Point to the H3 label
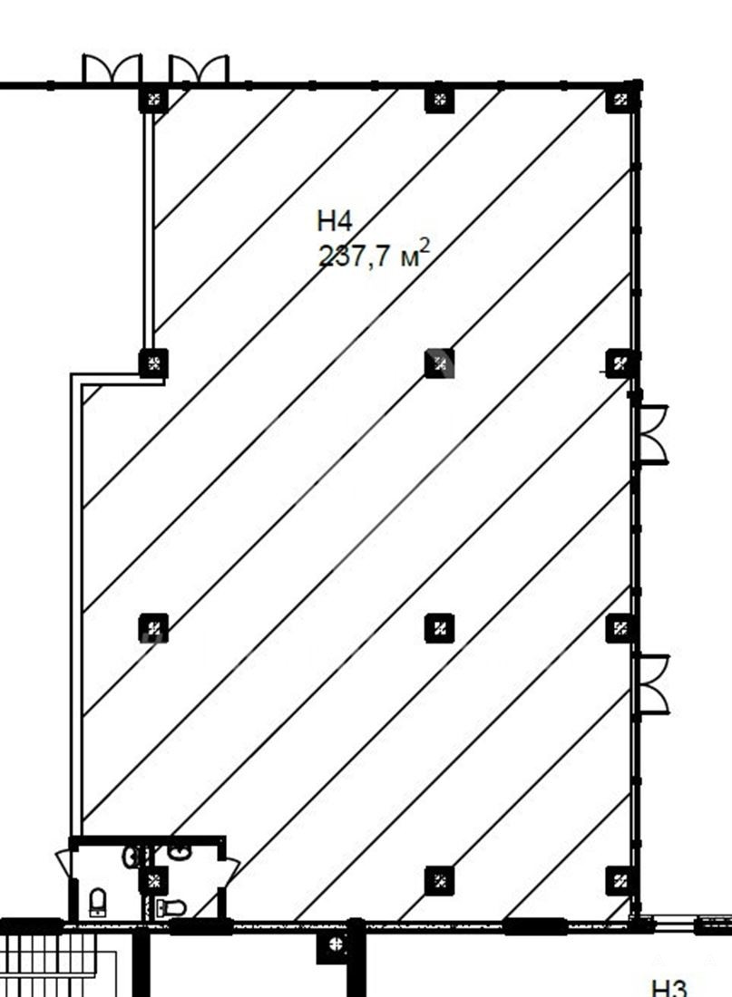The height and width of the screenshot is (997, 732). (x=669, y=988)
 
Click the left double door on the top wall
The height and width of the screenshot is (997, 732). (x=112, y=69)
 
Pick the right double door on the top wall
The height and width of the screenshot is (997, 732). (x=199, y=69)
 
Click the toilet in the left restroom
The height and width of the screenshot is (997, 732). (x=97, y=902)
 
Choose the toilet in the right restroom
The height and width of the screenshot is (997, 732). (x=171, y=907)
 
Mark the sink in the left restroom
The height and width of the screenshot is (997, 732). (x=132, y=856)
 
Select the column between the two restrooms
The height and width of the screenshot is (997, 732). (x=153, y=881)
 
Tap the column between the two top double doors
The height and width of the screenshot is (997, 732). (x=153, y=99)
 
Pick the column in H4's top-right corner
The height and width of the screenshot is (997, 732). (x=620, y=99)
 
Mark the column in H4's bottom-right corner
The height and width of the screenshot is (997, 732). (x=620, y=881)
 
